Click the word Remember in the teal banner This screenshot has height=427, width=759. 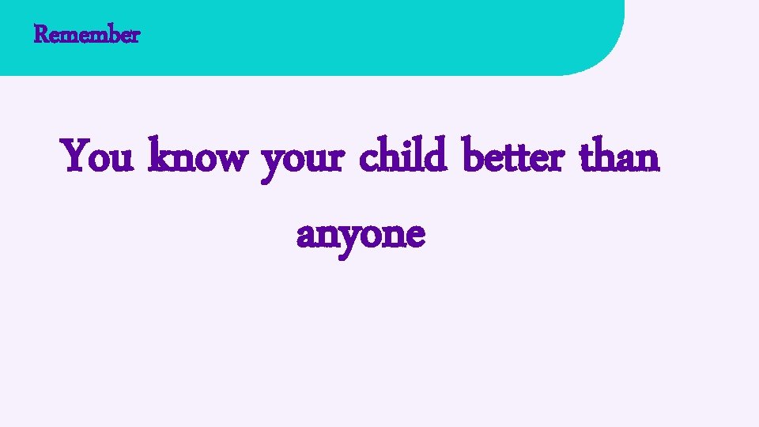coord(87,35)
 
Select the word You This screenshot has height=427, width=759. coord(99,157)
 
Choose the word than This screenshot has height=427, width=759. coord(619,157)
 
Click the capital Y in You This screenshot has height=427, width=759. coord(76,155)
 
